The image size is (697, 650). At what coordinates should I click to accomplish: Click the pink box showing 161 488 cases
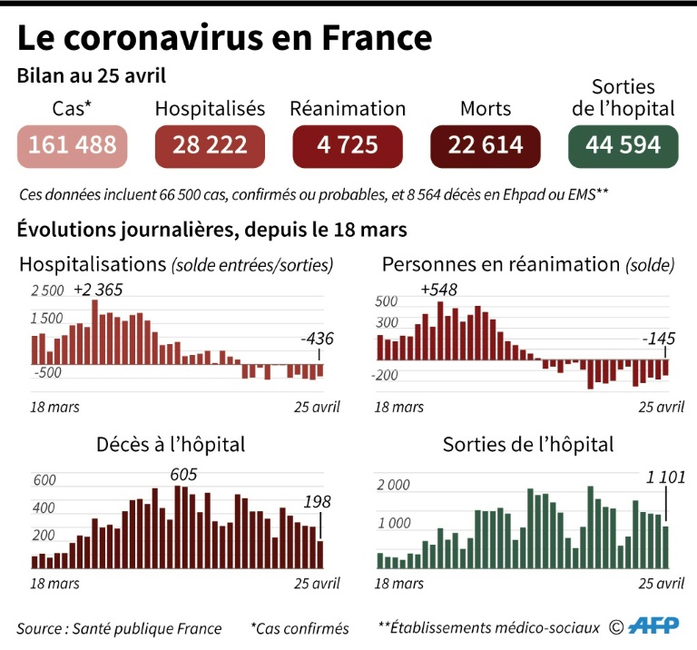[73, 145]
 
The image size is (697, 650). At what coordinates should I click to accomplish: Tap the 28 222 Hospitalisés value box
[210, 145]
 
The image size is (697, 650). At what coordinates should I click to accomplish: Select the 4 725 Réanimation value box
[348, 145]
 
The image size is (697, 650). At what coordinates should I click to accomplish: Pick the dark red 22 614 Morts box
[486, 145]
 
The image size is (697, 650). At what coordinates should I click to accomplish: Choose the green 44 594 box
[623, 145]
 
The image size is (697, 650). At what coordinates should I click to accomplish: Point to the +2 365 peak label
[98, 291]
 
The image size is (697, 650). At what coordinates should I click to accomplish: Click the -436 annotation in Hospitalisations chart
[318, 340]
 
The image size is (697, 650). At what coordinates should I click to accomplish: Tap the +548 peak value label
[438, 291]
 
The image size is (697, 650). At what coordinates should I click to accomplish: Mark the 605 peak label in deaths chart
[182, 475]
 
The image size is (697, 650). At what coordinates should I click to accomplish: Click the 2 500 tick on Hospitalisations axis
[47, 291]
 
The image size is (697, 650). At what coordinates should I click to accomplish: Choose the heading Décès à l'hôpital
[171, 445]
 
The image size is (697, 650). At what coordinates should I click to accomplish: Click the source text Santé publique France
[119, 627]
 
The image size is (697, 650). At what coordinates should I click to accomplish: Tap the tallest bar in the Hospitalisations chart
[94, 331]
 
